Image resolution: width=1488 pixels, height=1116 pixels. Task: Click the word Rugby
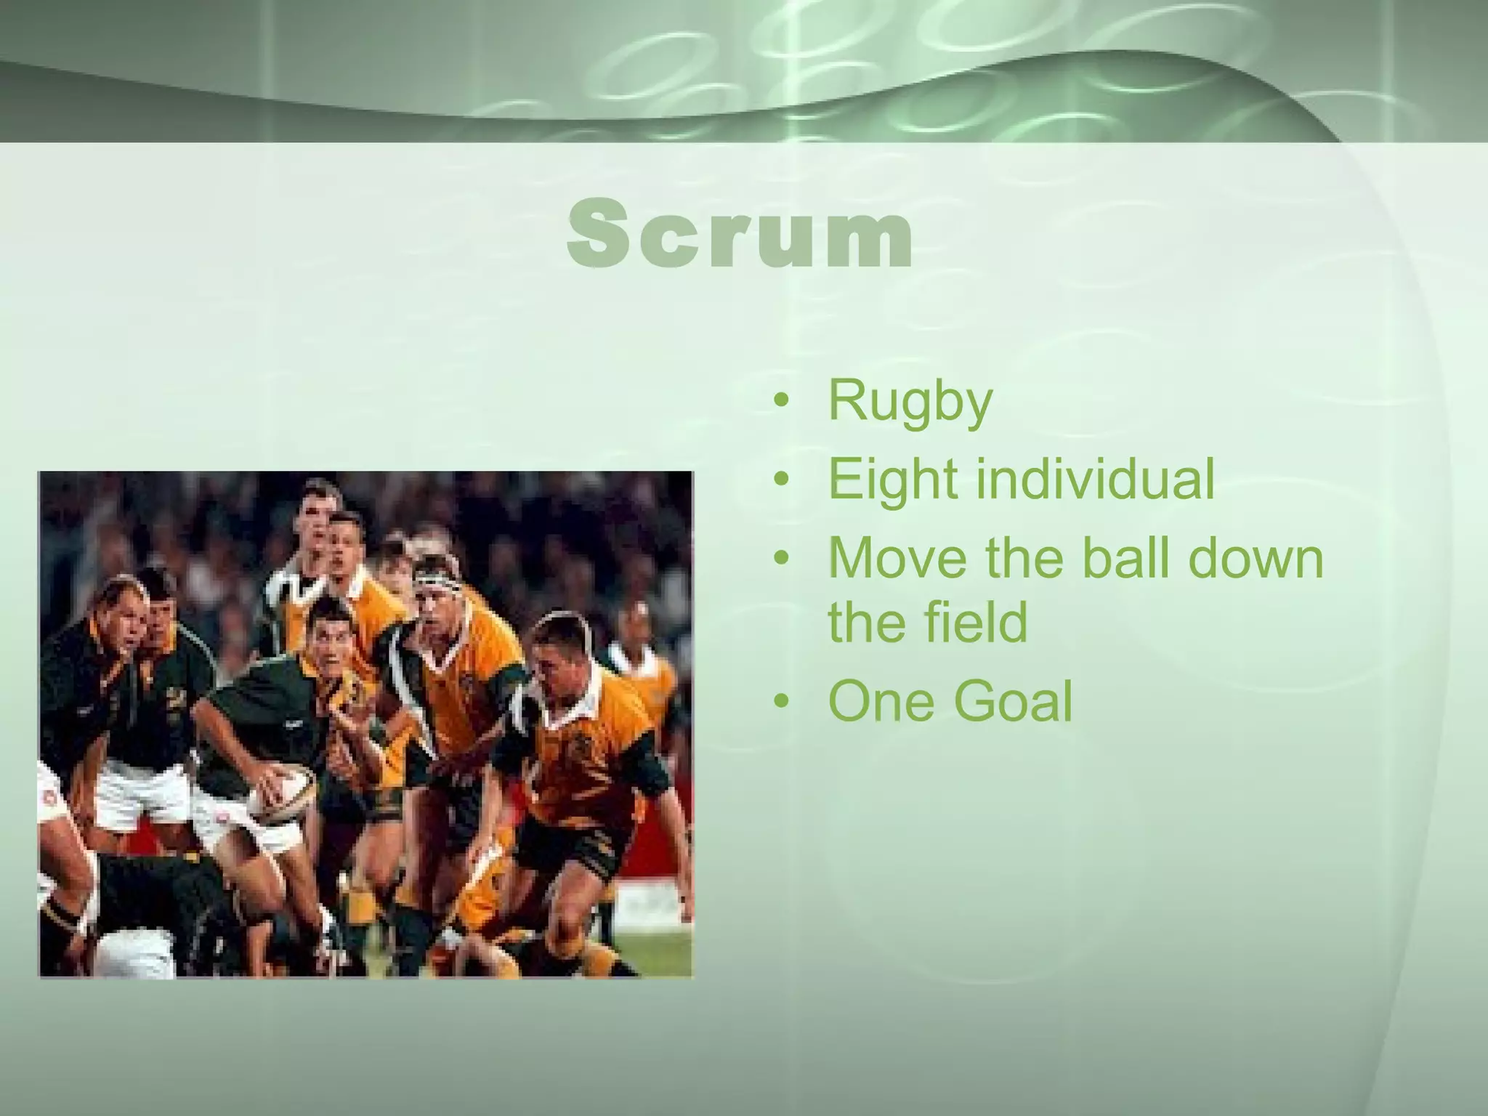(x=910, y=401)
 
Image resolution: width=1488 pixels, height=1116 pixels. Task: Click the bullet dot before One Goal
(x=782, y=702)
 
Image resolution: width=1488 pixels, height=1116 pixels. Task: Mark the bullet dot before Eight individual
(x=782, y=480)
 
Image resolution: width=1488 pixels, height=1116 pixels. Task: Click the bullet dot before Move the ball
(x=782, y=559)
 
